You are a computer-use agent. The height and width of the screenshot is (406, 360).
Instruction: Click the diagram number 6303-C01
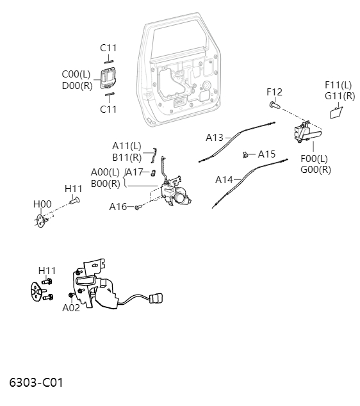tap(36, 383)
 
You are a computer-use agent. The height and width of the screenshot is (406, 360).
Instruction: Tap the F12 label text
tap(274, 92)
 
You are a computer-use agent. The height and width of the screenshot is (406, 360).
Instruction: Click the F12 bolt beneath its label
tap(274, 104)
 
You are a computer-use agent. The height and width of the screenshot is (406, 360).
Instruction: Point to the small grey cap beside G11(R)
tap(335, 113)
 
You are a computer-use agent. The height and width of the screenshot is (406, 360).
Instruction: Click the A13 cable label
tap(215, 138)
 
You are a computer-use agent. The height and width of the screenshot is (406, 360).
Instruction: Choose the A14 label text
tap(224, 180)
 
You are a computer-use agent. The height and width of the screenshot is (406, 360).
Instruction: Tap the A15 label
tap(266, 154)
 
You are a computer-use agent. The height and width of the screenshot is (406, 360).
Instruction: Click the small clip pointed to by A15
tap(245, 154)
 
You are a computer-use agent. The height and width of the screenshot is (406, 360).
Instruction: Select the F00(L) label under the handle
tap(314, 158)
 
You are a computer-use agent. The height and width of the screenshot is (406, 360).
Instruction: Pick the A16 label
tap(118, 207)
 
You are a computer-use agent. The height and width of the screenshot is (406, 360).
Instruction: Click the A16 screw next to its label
tap(138, 207)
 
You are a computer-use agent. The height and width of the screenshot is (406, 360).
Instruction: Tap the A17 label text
tap(134, 172)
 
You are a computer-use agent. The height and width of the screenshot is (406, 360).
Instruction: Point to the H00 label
tap(42, 204)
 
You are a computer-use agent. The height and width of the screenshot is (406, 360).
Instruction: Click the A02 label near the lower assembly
tap(71, 307)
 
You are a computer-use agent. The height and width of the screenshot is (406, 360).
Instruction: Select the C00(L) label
tap(76, 74)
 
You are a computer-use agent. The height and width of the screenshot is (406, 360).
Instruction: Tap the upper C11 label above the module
tap(108, 47)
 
